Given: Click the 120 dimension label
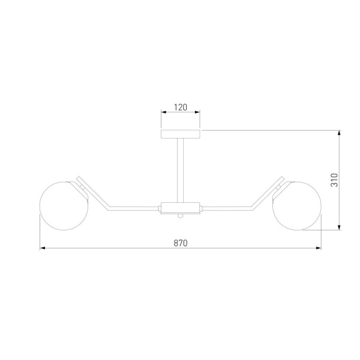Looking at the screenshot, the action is [x=181, y=107].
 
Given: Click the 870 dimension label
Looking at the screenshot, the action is [x=181, y=243].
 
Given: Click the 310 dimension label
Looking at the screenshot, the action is [x=334, y=180].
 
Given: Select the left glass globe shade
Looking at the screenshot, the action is [x=64, y=206].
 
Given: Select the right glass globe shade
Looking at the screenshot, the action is [x=297, y=206].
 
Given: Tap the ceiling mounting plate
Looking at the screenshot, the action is [x=180, y=134].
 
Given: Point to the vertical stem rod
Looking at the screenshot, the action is [x=180, y=170].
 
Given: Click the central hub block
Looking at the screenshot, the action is [x=180, y=208].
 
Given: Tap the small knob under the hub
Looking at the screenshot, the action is [x=181, y=216].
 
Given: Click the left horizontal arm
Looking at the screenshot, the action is [x=134, y=208].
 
